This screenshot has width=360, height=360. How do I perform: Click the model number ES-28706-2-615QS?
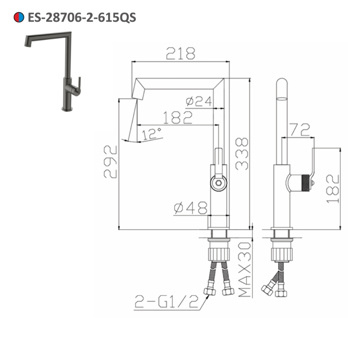pyautogui.click(x=82, y=17)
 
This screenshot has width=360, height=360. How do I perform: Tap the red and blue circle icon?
pyautogui.click(x=18, y=17)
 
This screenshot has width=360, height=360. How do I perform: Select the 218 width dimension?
pyautogui.click(x=180, y=54)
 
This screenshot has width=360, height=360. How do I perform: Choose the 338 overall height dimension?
pyautogui.click(x=242, y=153)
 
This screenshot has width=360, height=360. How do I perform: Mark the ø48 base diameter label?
pyautogui.click(x=190, y=208)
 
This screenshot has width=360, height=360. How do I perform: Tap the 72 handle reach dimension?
pyautogui.click(x=300, y=130)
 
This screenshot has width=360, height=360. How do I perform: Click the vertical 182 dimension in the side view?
pyautogui.click(x=333, y=189)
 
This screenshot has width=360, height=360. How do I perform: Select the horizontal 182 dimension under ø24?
pyautogui.click(x=177, y=118)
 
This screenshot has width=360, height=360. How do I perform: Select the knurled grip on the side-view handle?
pyautogui.click(x=305, y=182)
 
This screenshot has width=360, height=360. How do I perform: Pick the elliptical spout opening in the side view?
pyautogui.click(x=282, y=98)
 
